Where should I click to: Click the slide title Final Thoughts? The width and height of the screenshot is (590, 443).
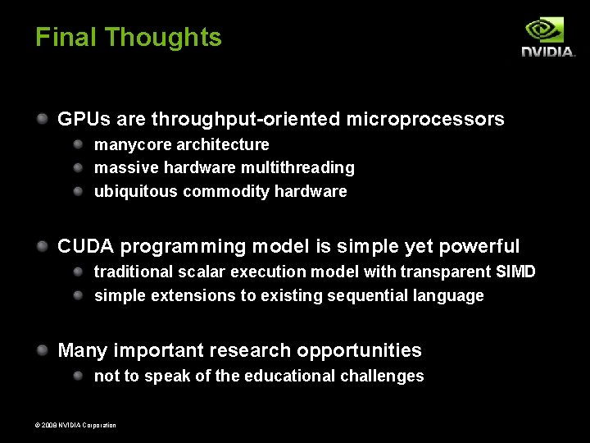pos(128,38)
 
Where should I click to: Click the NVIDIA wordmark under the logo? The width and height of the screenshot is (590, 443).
pos(548,52)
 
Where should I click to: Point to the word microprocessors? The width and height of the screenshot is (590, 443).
pos(425,120)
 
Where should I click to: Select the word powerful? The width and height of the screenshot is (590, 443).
pos(479,247)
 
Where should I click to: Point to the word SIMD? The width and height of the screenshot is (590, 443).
pos(515,272)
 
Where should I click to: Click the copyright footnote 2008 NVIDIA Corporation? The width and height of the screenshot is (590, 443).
pos(75,425)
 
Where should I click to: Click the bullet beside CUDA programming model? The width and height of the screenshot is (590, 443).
pos(42,246)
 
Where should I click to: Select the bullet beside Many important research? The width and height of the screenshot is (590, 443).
pos(42,350)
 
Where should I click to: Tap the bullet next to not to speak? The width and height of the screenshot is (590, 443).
pos(79,376)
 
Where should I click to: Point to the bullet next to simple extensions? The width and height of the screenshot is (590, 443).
pos(79,295)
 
